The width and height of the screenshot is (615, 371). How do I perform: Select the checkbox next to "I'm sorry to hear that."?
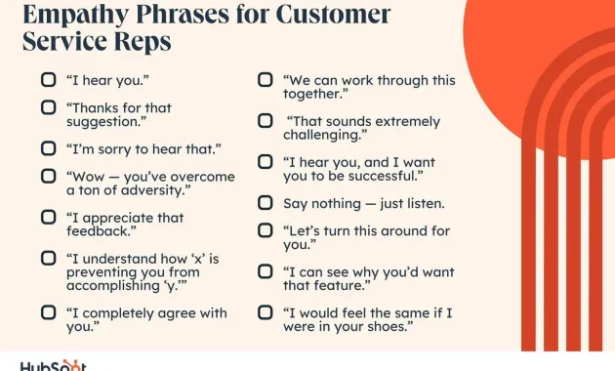48,148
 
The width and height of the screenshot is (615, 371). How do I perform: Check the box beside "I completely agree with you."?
48,312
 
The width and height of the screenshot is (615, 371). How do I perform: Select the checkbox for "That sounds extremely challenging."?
265,121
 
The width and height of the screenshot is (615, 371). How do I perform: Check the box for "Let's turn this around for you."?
265,230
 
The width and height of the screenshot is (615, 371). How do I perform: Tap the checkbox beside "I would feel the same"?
265,312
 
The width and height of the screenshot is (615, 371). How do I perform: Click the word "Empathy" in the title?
74,16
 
